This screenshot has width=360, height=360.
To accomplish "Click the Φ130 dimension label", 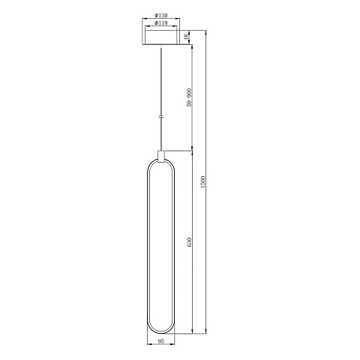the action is [x=161, y=16].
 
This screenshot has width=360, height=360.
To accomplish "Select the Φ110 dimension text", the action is [x=161, y=23].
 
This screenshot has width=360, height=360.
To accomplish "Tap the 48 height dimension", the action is [x=186, y=37].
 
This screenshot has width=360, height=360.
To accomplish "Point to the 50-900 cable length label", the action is [x=189, y=97].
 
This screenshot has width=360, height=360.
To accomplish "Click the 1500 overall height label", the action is [x=202, y=182].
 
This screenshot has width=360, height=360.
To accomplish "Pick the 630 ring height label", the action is [x=189, y=242].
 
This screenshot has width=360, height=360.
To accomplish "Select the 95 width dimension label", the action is [x=161, y=341].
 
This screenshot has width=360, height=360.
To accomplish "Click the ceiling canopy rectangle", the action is [x=161, y=37].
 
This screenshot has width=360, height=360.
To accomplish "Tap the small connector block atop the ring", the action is [x=161, y=156].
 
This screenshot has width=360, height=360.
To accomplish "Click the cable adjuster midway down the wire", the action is [x=161, y=116].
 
